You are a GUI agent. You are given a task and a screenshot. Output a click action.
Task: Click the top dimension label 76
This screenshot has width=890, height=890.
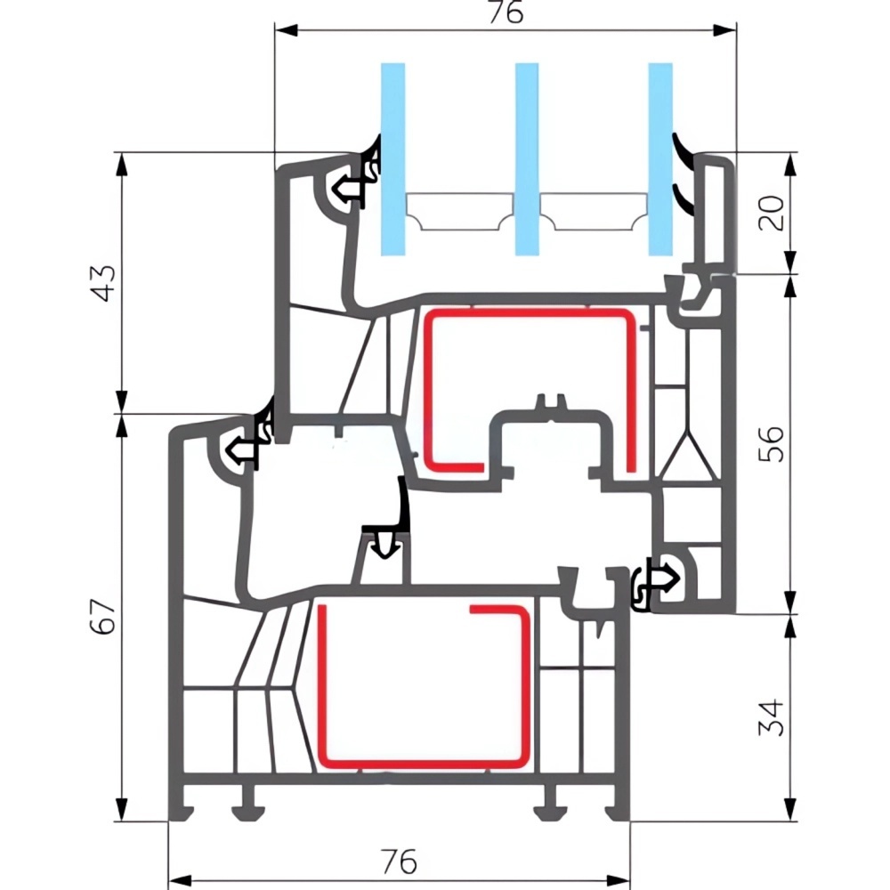click(x=504, y=12)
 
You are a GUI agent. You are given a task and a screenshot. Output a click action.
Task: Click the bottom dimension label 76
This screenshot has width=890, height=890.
click(x=398, y=862)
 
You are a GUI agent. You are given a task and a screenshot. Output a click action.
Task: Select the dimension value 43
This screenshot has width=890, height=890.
click(x=105, y=283)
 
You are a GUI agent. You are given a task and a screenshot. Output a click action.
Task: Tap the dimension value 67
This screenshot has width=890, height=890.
click(x=105, y=616)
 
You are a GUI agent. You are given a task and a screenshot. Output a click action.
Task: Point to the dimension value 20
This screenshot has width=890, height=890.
click(x=774, y=213)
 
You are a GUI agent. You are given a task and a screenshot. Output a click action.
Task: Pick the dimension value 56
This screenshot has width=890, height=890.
click(x=774, y=442)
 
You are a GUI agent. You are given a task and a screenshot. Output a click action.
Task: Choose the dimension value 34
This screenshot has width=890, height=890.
click(x=774, y=716)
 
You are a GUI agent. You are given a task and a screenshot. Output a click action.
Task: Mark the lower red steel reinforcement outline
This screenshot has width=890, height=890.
click(x=319, y=685)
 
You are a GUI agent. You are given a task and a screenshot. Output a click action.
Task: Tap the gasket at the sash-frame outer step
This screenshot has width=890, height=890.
click(x=246, y=445)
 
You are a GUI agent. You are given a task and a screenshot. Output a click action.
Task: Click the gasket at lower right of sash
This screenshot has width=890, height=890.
click(x=653, y=583)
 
